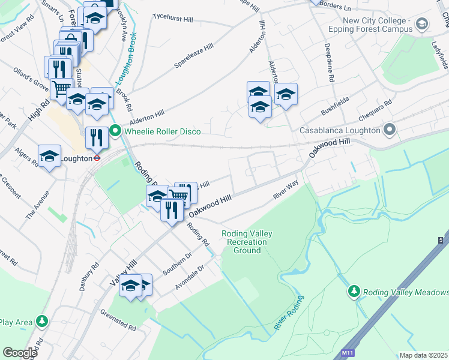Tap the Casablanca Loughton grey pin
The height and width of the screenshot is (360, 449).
(x=390, y=130)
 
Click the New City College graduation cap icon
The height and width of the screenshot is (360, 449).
(x=422, y=25)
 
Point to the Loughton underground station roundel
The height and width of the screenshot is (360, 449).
(x=95, y=158)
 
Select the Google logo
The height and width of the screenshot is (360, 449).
(x=20, y=353)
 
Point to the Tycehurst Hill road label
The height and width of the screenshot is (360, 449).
(x=172, y=18)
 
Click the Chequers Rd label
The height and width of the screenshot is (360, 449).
(x=374, y=109)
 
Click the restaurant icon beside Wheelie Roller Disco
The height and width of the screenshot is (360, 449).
(x=96, y=137)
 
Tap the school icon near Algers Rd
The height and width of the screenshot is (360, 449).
(x=50, y=156)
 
